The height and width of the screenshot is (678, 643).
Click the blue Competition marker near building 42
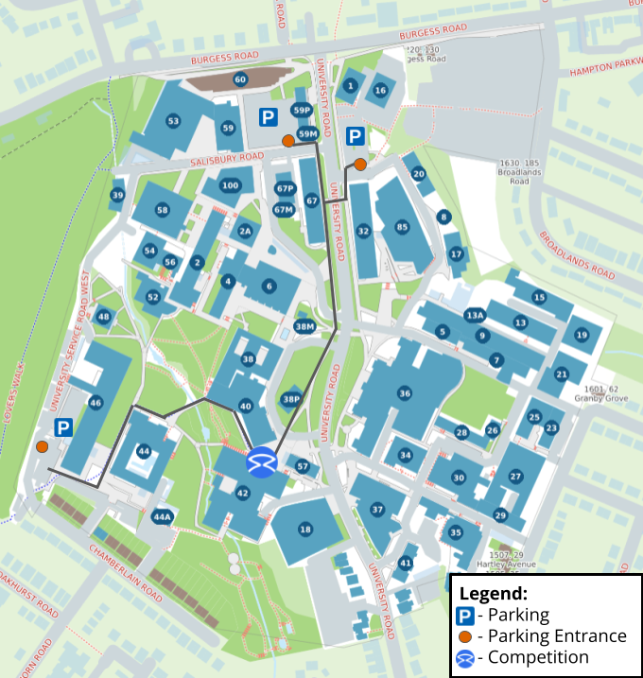click(x=261, y=463)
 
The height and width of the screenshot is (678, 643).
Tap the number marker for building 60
click(x=240, y=79)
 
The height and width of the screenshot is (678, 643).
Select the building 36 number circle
click(x=405, y=392)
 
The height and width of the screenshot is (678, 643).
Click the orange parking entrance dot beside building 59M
click(x=287, y=141)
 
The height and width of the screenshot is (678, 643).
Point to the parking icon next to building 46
click(x=63, y=428)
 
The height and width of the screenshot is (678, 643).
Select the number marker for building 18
click(x=305, y=530)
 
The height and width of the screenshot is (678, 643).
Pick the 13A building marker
click(x=475, y=315)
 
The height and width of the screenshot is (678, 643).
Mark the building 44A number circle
click(x=163, y=517)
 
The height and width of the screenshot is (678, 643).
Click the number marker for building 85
click(x=402, y=228)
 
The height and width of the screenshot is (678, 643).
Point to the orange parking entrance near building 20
click(x=360, y=165)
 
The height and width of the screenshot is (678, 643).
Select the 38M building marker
click(x=304, y=327)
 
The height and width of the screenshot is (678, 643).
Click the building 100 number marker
click(x=230, y=185)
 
